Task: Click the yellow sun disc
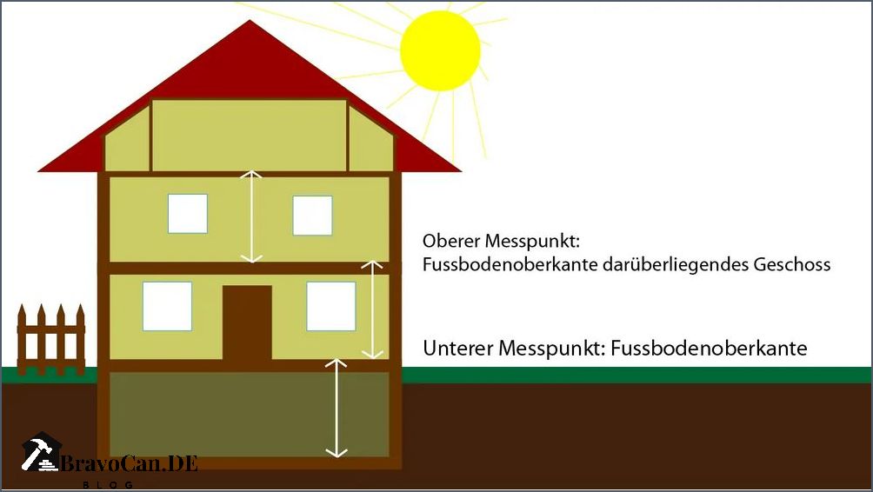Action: (440, 50)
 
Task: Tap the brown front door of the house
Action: (247, 322)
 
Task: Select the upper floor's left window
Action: (188, 214)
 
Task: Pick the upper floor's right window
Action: (312, 216)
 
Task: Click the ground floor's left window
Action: (167, 306)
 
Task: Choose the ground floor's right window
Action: (331, 306)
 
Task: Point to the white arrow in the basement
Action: (337, 408)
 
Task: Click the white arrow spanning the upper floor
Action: (251, 216)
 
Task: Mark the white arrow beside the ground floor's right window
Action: (372, 309)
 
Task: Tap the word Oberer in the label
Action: (451, 241)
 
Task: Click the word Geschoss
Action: (792, 265)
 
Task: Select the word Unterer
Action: (457, 349)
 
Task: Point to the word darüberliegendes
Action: (676, 265)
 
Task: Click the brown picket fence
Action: (50, 340)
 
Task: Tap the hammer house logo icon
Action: (41, 452)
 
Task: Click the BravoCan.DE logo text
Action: (130, 463)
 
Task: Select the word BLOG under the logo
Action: (108, 485)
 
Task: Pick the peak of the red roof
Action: (250, 21)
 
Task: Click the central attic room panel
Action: (250, 136)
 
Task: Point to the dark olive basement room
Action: (249, 415)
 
